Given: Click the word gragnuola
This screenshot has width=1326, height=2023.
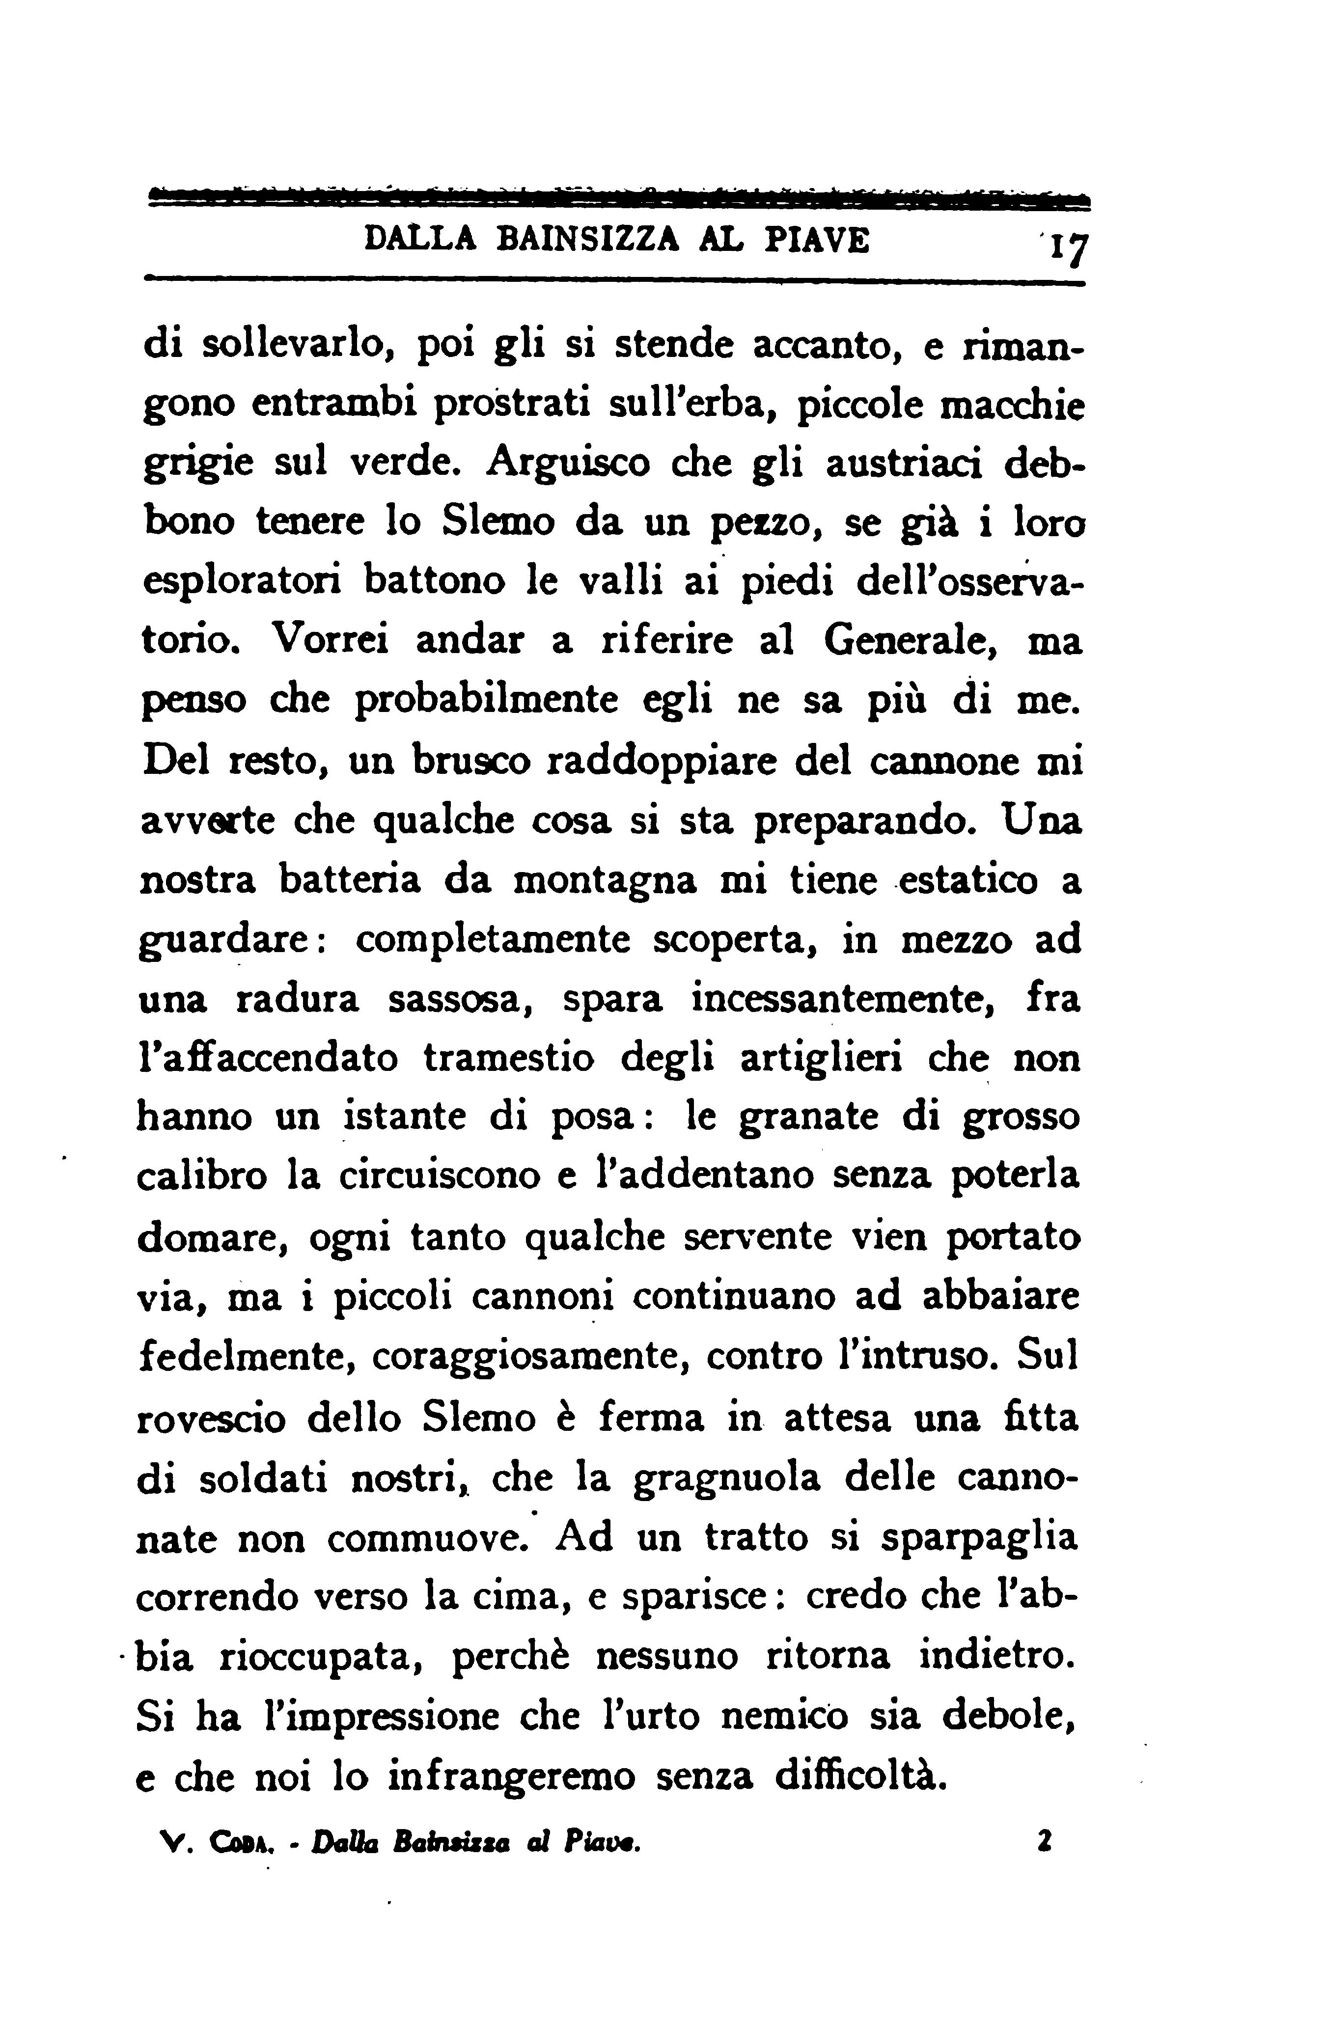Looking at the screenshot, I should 728,1476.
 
